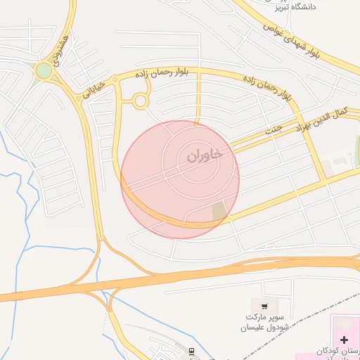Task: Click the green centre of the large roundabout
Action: [x=44, y=71]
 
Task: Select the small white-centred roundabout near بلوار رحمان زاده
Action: [x=140, y=101]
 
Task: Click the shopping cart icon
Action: [x=264, y=306]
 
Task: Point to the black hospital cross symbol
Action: [x=344, y=340]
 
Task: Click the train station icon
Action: [x=191, y=350]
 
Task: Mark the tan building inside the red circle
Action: [x=219, y=210]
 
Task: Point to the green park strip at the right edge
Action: [x=357, y=148]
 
